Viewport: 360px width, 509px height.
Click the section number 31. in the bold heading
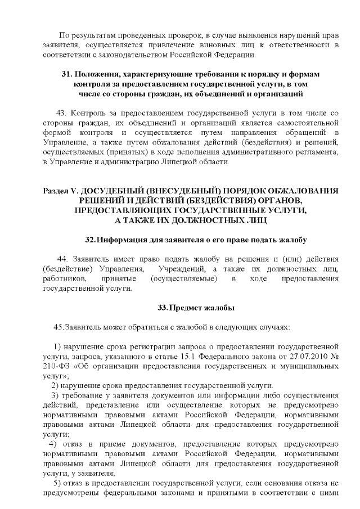pyautogui.click(x=66, y=75)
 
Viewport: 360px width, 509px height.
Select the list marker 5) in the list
pyautogui.click(x=57, y=485)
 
